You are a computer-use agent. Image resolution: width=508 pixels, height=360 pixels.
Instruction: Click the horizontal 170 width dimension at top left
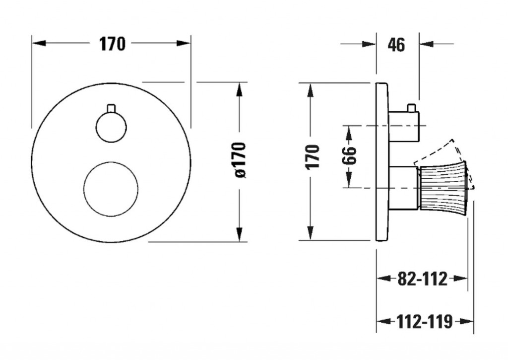[112, 44]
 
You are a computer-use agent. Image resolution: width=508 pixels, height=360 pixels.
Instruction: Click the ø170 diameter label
[240, 160]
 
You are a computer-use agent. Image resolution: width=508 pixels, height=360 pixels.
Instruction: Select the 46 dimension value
[396, 45]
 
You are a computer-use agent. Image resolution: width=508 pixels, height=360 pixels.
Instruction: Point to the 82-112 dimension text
[422, 279]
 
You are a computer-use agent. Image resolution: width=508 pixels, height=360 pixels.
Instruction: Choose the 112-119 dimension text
[424, 322]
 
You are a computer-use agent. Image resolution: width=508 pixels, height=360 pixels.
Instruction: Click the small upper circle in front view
[111, 127]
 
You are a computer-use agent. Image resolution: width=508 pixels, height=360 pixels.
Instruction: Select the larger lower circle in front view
[111, 189]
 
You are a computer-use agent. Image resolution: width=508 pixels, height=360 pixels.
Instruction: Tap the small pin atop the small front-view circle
[111, 108]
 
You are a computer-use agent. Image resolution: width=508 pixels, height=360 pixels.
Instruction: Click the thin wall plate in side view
[381, 162]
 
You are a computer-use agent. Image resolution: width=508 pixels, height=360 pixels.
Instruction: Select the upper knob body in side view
[404, 126]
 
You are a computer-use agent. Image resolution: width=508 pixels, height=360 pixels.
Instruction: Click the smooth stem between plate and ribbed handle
[404, 188]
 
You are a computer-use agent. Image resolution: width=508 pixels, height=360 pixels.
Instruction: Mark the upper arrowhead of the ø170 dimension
[240, 89]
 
